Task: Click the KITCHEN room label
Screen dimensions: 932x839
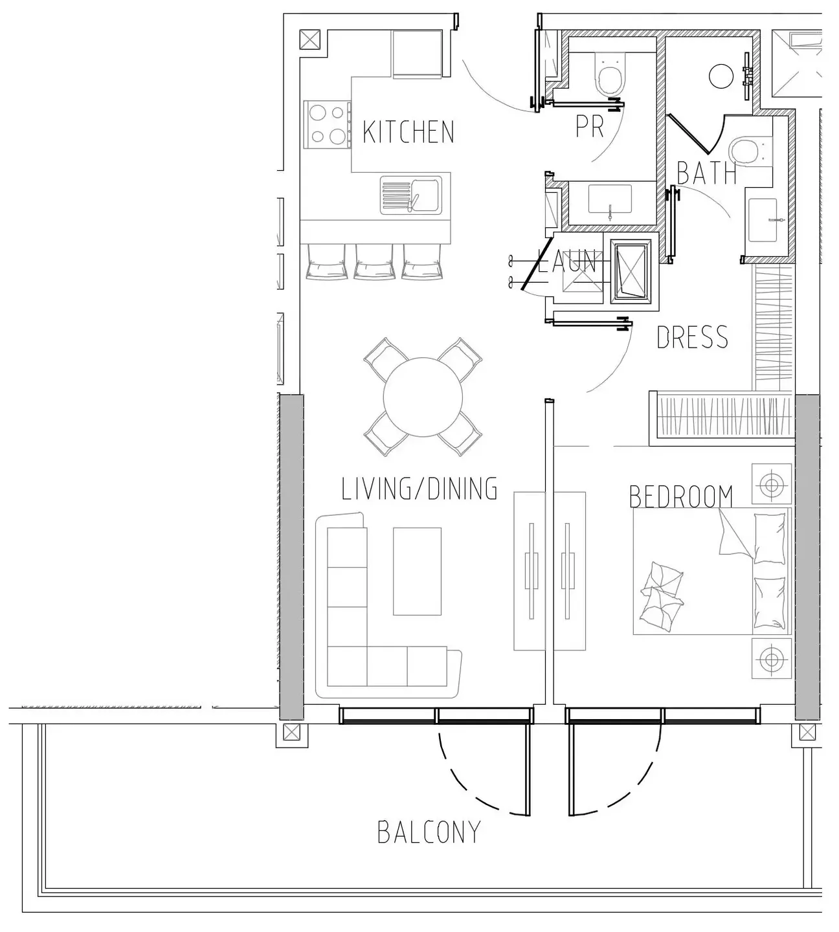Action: pyautogui.click(x=408, y=132)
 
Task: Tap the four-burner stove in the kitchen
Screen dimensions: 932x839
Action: pyautogui.click(x=326, y=124)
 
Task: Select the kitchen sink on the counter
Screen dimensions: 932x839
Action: pyautogui.click(x=410, y=195)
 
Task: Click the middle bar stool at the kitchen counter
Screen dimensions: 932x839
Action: pyautogui.click(x=374, y=261)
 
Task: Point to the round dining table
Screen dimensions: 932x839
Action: pyautogui.click(x=423, y=397)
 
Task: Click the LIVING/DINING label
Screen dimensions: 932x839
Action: pyautogui.click(x=419, y=489)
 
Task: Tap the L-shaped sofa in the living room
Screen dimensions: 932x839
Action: pyautogui.click(x=350, y=621)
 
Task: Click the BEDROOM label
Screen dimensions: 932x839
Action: pyautogui.click(x=681, y=497)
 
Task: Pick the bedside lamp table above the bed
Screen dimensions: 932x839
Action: pyautogui.click(x=771, y=483)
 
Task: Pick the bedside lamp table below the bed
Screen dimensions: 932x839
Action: pyautogui.click(x=771, y=659)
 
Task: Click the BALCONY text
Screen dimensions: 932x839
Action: pyautogui.click(x=429, y=832)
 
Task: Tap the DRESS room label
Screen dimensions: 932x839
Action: pyautogui.click(x=692, y=338)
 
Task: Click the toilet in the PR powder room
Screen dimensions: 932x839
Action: pyautogui.click(x=610, y=78)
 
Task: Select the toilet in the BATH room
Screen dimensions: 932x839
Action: pyautogui.click(x=746, y=151)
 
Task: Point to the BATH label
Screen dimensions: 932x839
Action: pyautogui.click(x=706, y=173)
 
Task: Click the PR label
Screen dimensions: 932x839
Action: pyautogui.click(x=590, y=127)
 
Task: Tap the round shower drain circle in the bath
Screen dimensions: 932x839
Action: pyautogui.click(x=721, y=76)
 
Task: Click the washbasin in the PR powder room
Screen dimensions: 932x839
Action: pyautogui.click(x=609, y=200)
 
